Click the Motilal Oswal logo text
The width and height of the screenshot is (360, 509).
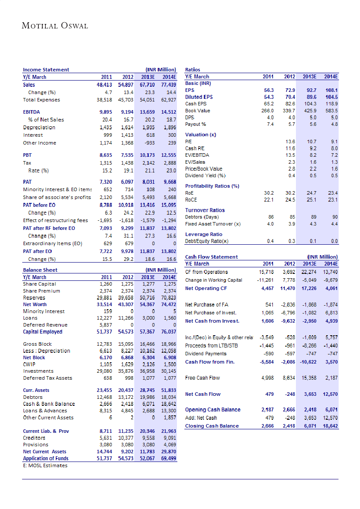(x=55, y=26)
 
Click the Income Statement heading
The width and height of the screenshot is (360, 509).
(x=46, y=70)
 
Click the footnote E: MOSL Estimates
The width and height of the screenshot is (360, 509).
(x=45, y=465)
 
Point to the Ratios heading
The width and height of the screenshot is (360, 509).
(x=193, y=70)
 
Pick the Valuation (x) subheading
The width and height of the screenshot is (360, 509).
(x=200, y=135)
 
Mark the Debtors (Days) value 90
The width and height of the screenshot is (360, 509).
(x=335, y=217)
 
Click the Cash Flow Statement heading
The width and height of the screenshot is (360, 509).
(x=211, y=257)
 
